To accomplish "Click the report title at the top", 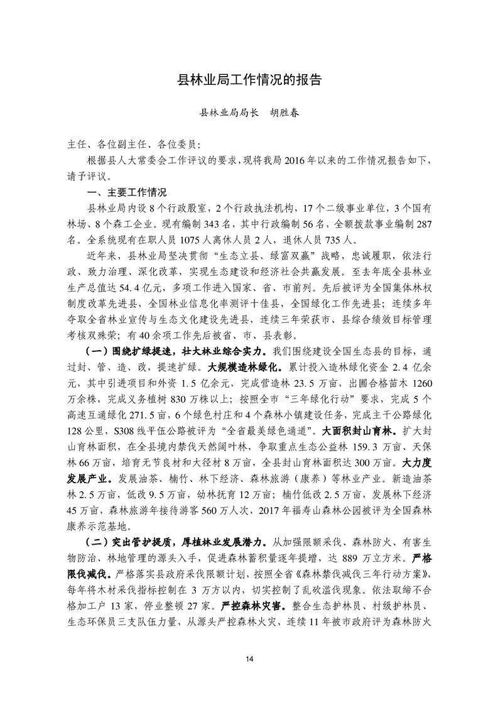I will [249, 80].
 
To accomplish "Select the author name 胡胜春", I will [284, 114].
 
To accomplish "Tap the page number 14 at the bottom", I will [249, 658].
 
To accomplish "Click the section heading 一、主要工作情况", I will [126, 192].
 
